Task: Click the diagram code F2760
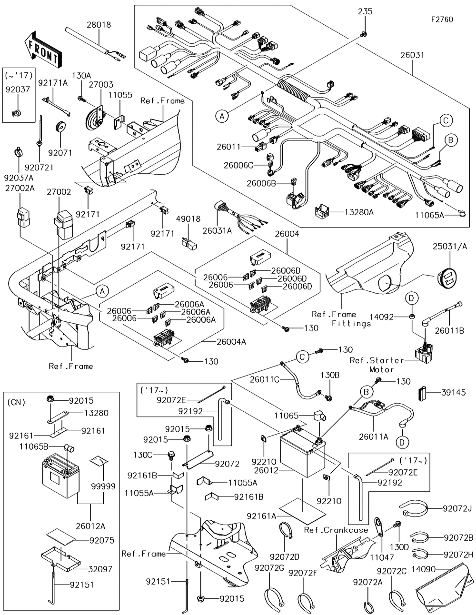[442, 20]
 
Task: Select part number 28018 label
[99, 25]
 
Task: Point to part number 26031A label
[217, 231]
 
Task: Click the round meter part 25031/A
[450, 278]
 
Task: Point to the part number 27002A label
[20, 188]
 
